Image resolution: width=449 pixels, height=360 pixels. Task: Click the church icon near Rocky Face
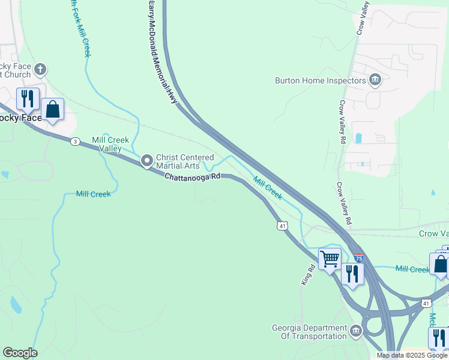pos(40,70)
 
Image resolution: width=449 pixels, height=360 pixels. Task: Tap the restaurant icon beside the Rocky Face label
pos(28,98)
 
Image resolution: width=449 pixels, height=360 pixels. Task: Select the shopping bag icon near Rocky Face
pos(53,110)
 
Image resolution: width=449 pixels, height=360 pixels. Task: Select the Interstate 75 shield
pos(358,258)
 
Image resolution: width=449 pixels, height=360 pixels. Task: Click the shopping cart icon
pos(330,259)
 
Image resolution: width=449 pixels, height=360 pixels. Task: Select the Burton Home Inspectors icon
pos(375,80)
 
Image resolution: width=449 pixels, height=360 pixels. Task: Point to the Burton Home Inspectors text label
pos(320,80)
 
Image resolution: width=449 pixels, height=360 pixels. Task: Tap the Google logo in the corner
pos(20,353)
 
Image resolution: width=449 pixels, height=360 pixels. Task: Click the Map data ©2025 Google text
pos(412,355)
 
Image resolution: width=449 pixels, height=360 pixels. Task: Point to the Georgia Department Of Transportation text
pos(309,332)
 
